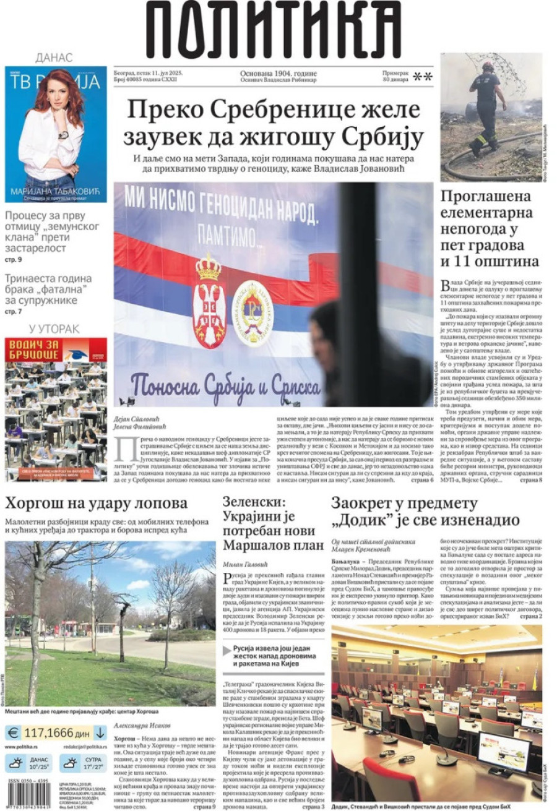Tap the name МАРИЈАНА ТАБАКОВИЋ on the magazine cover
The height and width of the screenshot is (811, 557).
click(x=55, y=192)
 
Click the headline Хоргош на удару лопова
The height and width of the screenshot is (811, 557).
click(x=96, y=502)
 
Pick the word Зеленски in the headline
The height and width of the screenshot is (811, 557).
click(x=254, y=502)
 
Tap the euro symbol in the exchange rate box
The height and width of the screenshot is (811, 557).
click(x=12, y=733)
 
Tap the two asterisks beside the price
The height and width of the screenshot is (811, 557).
click(x=422, y=77)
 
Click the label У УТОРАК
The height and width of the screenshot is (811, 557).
click(x=54, y=328)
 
